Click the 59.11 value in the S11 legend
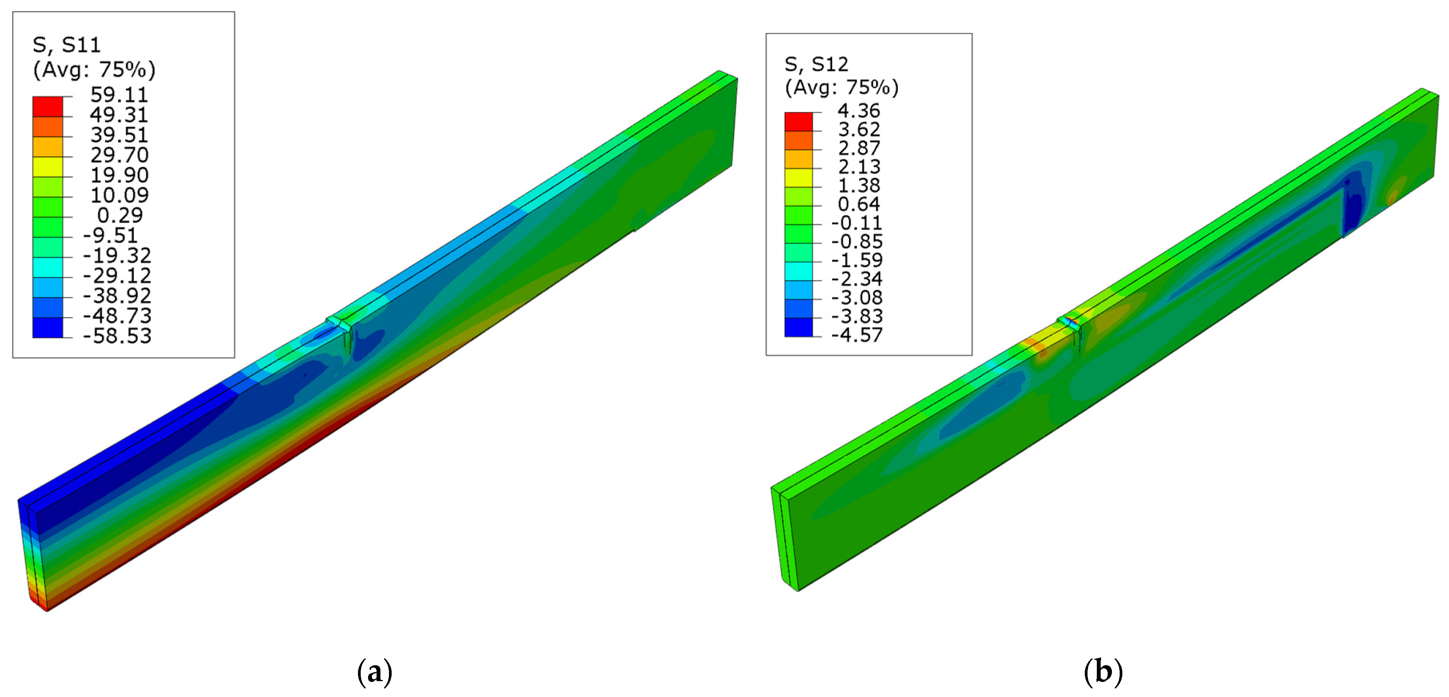point(119,94)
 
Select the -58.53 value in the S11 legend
point(117,336)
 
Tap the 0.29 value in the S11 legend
point(120,215)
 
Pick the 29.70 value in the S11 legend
point(119,155)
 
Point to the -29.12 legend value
point(117,275)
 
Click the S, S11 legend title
point(67,45)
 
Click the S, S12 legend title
point(816,65)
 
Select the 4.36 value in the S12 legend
point(858,111)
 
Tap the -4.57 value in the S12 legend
point(857,335)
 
